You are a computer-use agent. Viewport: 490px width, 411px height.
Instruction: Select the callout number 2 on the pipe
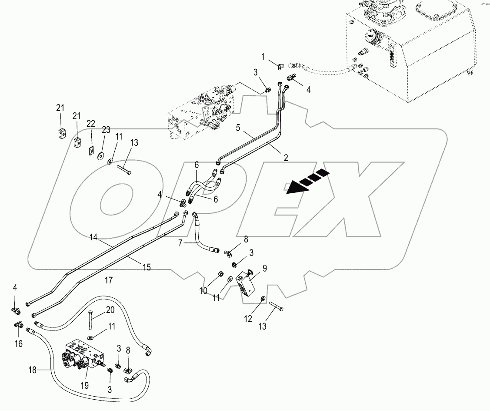coord(286,158)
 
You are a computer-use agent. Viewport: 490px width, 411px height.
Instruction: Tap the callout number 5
coord(238,128)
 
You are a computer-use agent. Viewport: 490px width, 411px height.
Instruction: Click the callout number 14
coord(93,238)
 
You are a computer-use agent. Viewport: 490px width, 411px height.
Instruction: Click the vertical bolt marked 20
coord(90,322)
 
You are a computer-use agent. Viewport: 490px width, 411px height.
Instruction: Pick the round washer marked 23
coord(101,156)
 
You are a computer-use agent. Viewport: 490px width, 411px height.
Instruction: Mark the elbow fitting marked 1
coord(281,66)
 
